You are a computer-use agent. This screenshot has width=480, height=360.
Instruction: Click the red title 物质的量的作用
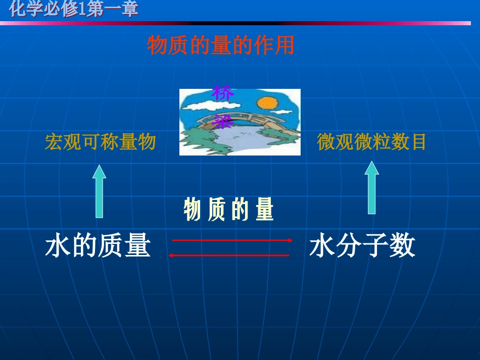pos(220,45)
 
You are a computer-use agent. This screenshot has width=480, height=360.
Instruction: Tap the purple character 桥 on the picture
pos(222,93)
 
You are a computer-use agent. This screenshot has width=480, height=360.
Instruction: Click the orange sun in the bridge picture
pos(267,103)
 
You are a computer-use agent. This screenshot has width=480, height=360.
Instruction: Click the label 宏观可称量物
pos(100,142)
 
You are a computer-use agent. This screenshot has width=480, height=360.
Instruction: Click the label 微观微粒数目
pos(371,142)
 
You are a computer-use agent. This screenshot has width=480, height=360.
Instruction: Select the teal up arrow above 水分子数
pos(372,187)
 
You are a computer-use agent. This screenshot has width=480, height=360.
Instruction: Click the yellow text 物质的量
pos(228,210)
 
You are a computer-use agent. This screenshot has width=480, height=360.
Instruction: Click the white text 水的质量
pos(98,247)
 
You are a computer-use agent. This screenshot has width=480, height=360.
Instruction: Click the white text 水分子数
pos(362,247)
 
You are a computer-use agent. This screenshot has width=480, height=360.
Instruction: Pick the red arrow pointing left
pos(228,255)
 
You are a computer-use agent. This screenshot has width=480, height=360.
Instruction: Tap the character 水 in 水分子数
pos(322,247)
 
